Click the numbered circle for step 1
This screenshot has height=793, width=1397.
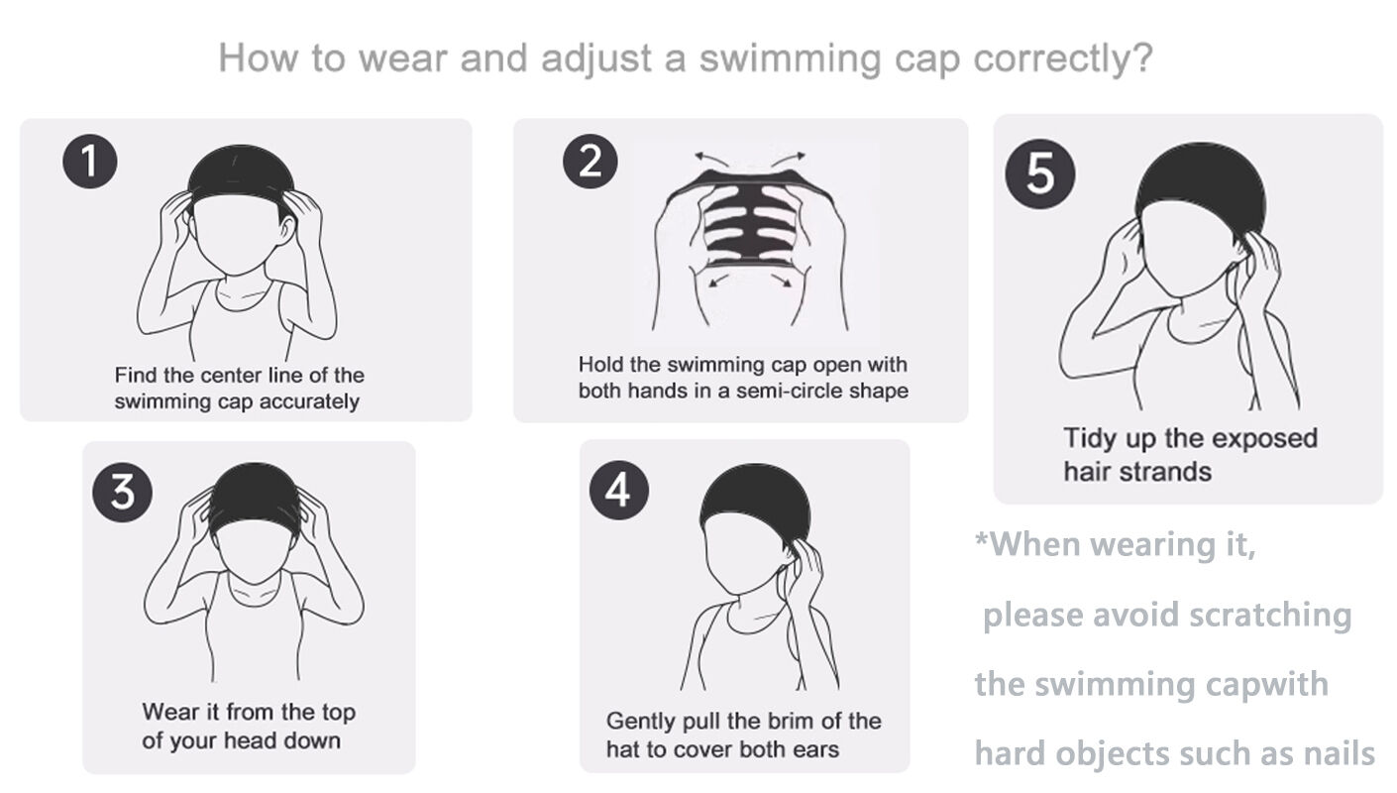coord(90,162)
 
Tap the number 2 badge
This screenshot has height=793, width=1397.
coord(590,161)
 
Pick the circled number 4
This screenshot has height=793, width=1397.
coord(618,490)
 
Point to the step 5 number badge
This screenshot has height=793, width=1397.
coord(1039,173)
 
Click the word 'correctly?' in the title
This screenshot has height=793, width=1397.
coord(1063,59)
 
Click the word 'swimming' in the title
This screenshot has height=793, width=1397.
coord(790,59)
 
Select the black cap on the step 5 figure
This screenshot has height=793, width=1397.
coord(1201,181)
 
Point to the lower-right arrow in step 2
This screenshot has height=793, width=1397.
coord(782,281)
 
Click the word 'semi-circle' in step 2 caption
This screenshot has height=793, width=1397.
coord(792,391)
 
